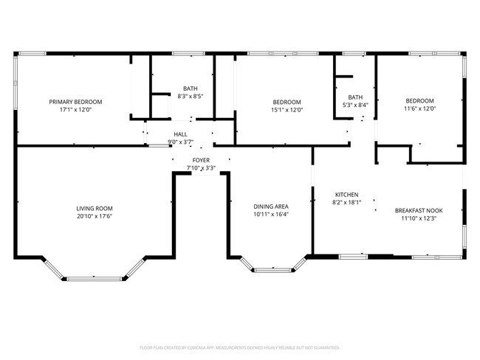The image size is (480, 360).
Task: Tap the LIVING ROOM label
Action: pos(95,209)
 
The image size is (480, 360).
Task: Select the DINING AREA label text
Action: pos(271,207)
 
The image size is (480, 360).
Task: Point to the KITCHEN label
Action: pos(346,194)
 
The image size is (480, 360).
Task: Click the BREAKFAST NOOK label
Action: pos(419,210)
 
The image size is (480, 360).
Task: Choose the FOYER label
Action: pos(201,160)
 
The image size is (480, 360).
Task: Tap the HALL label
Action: pos(181,134)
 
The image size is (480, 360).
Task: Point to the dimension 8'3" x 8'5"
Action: pos(191,97)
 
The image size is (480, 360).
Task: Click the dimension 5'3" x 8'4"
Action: pos(356,105)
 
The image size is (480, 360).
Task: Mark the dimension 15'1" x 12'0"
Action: pos(287,110)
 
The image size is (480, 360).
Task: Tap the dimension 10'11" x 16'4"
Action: pos(271,215)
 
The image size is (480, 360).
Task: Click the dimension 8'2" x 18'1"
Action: pos(346,203)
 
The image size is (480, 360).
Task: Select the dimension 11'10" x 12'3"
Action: pos(419,218)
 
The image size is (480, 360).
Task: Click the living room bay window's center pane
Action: pos(95,278)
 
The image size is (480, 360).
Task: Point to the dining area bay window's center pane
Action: pos(272,270)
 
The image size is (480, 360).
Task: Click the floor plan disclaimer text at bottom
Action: pos(239,347)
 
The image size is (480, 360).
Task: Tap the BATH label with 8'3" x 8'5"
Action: pos(191,89)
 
